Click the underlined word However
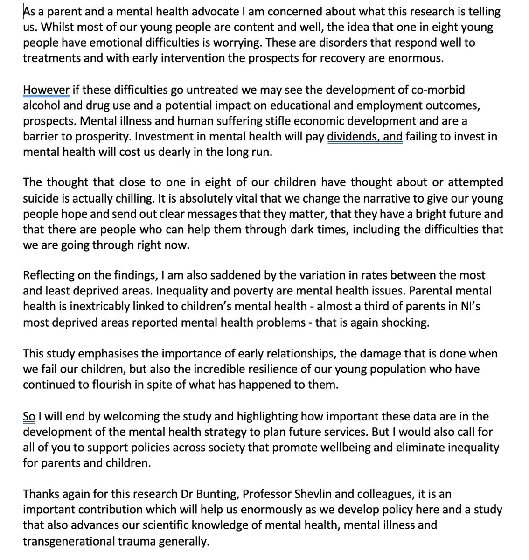46,90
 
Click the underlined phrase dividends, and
365,137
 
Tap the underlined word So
28,417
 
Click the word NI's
474,307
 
